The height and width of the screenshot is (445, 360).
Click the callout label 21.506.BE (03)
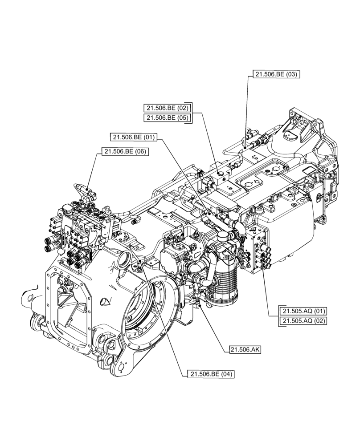276,74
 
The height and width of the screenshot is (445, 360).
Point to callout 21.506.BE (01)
134,138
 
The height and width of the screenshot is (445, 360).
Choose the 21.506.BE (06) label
125,152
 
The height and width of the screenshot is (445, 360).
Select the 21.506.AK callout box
245,350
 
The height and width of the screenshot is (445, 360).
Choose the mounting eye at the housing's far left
28,296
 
